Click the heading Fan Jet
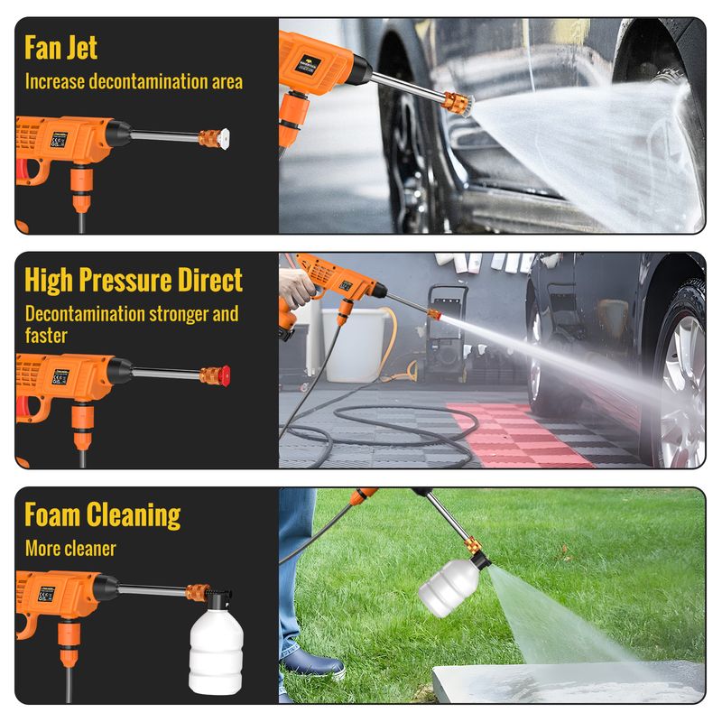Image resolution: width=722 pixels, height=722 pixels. (x=60, y=48)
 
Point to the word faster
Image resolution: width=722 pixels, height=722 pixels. (x=46, y=335)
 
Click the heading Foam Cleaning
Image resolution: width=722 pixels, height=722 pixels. (x=102, y=514)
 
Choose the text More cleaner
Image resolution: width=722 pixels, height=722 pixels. (x=70, y=549)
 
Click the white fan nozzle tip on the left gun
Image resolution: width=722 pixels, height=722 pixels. (x=224, y=138)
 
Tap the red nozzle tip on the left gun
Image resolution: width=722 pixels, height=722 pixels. (x=226, y=375)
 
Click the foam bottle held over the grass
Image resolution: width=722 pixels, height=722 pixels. (x=449, y=588)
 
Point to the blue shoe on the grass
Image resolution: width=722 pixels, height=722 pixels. (x=314, y=664)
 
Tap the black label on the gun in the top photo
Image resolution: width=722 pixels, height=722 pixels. (x=308, y=63)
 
